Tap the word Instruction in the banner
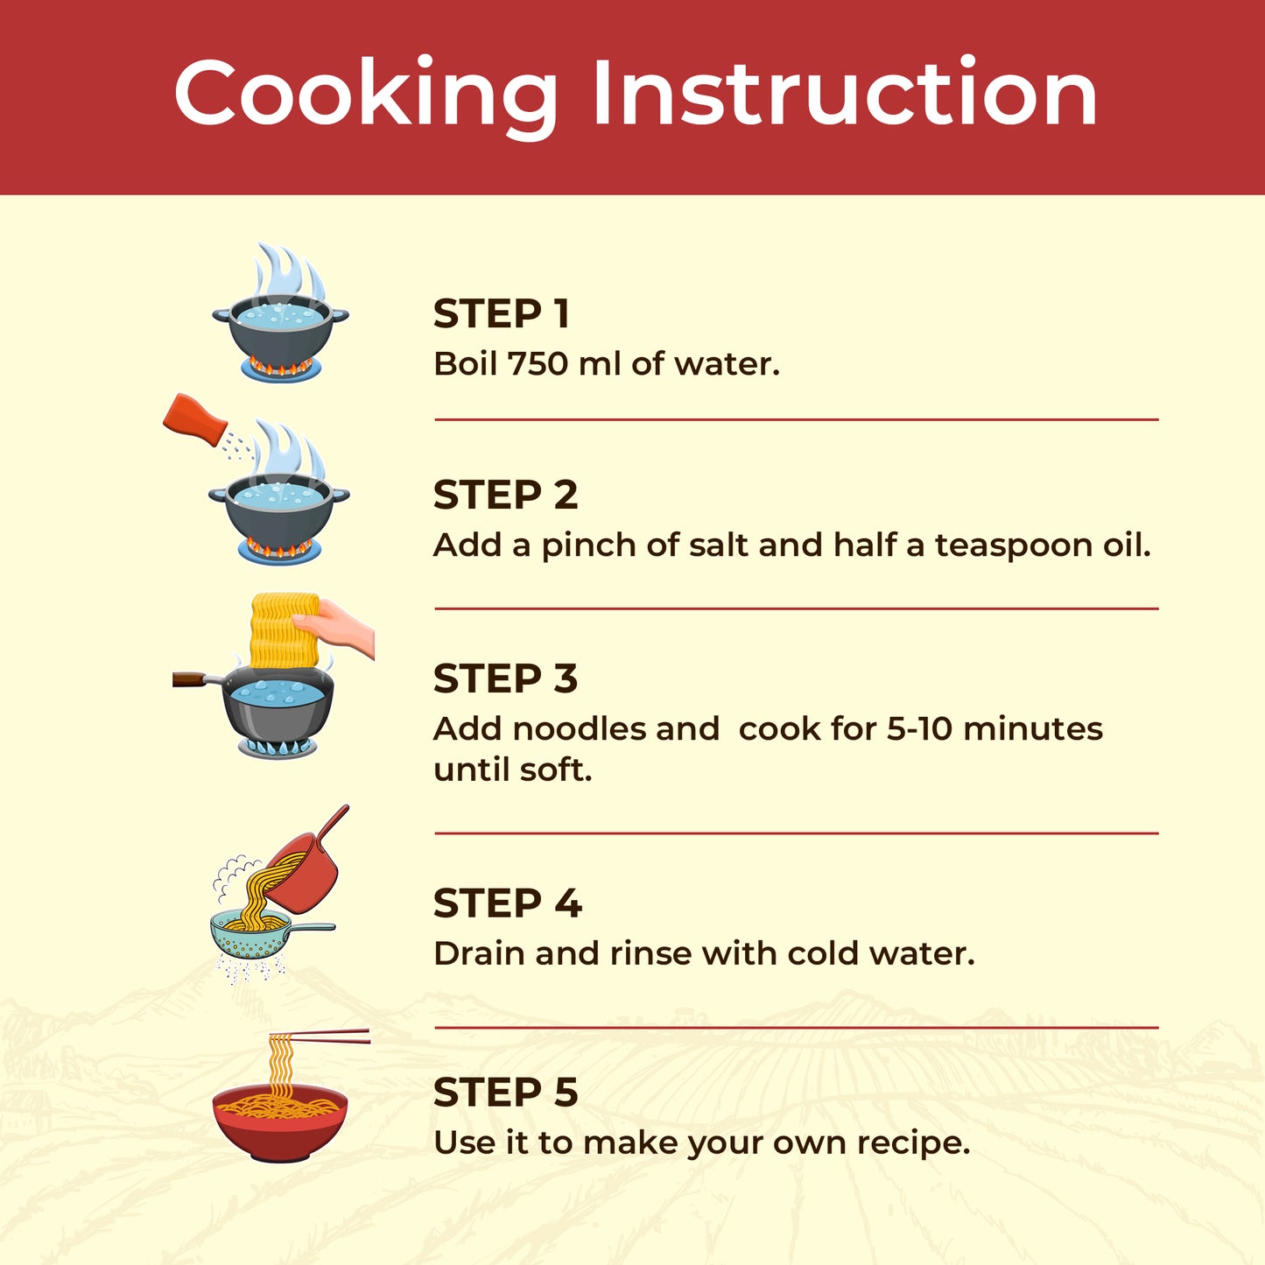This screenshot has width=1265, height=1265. [845, 91]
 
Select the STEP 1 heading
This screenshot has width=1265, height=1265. [501, 313]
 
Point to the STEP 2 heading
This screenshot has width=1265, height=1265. [505, 495]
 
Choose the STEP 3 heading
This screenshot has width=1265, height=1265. [505, 678]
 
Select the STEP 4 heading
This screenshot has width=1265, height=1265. [508, 903]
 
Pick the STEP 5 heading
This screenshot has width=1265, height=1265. [505, 1092]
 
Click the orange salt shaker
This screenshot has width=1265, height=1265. [194, 420]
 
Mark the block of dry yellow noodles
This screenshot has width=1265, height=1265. [285, 630]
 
